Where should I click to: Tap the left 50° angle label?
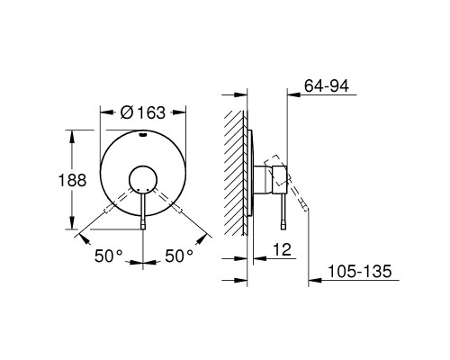pyautogui.click(x=109, y=256)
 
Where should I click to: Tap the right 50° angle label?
pyautogui.click(x=178, y=256)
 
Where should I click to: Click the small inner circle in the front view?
pyautogui.click(x=144, y=181)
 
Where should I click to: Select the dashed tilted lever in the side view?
pyautogui.click(x=299, y=200)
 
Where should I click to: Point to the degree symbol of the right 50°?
pyautogui.click(x=190, y=252)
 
